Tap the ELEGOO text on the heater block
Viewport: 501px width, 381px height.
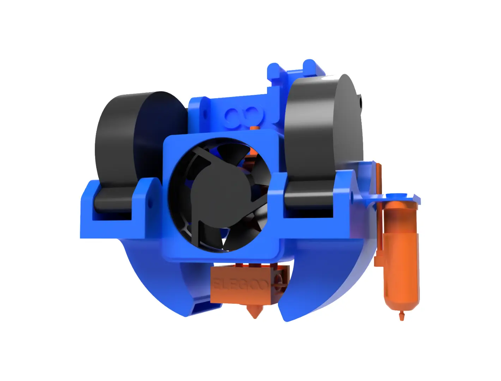tap(240, 284)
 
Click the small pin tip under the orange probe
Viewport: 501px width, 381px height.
tap(401, 316)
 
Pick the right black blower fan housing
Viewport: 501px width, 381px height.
tap(323, 127)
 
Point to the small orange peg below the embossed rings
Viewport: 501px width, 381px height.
tap(254, 127)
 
